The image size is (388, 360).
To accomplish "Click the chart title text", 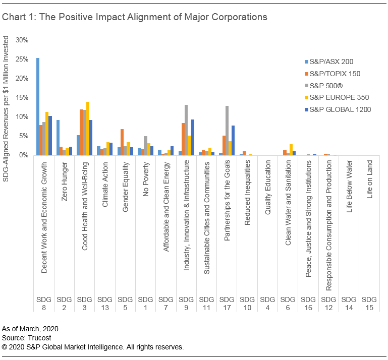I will [134, 17].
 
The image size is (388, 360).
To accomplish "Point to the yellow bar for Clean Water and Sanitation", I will [291, 150].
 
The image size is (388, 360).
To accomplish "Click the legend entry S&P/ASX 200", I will [330, 62].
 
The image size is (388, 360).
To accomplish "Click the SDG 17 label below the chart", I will [227, 304].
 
